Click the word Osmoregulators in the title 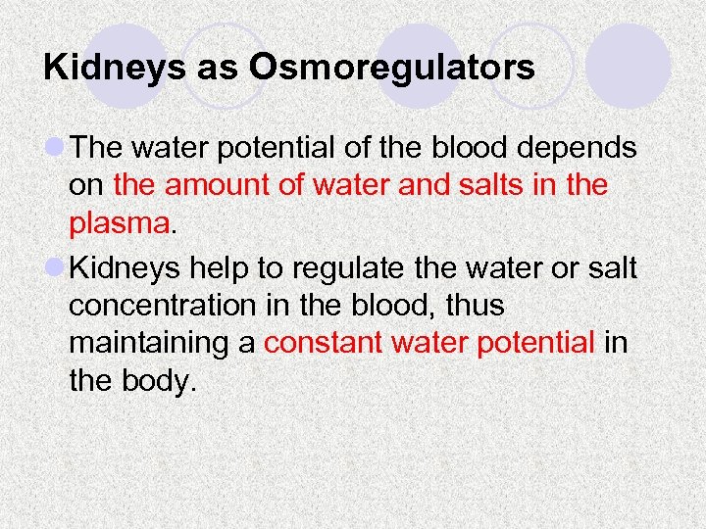[392, 68]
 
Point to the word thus [469, 306]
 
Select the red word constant [324, 343]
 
